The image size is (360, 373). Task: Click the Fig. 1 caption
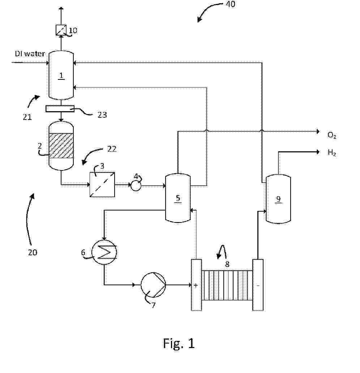179,343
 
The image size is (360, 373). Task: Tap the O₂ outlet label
332,135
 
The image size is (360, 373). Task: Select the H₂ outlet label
332,153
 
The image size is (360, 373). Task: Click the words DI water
30,54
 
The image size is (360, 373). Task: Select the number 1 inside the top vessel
61,76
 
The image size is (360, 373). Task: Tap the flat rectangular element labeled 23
60,108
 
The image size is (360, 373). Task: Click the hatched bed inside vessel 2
61,146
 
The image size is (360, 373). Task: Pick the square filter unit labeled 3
102,185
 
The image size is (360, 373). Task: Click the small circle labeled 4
136,186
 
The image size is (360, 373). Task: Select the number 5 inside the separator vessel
178,198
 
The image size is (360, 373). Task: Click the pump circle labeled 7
153,284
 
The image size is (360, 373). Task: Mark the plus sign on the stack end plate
196,285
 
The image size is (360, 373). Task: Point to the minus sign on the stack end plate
258,285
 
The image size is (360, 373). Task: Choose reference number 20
33,252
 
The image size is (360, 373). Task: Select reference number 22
112,148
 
